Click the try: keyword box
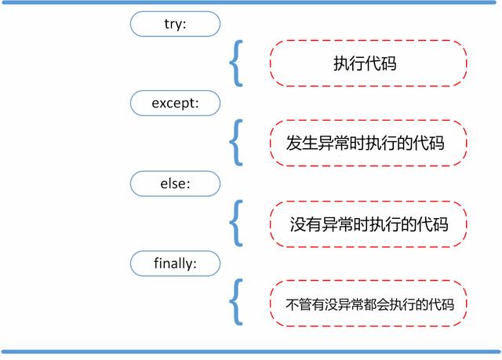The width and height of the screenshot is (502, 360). [x=175, y=24]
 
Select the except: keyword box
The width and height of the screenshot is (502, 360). [x=175, y=103]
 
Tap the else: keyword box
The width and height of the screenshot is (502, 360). [x=175, y=184]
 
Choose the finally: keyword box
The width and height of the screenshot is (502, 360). [x=175, y=264]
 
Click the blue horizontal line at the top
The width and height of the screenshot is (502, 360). [x=249, y=2]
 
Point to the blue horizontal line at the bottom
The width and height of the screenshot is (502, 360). [x=251, y=351]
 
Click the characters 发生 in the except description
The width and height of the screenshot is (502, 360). [x=301, y=143]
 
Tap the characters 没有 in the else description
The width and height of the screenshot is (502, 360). [x=305, y=224]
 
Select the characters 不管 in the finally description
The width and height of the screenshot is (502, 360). [x=298, y=304]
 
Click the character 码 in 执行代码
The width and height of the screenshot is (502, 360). [x=389, y=63]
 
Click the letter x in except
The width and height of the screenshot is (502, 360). [x=163, y=104]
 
